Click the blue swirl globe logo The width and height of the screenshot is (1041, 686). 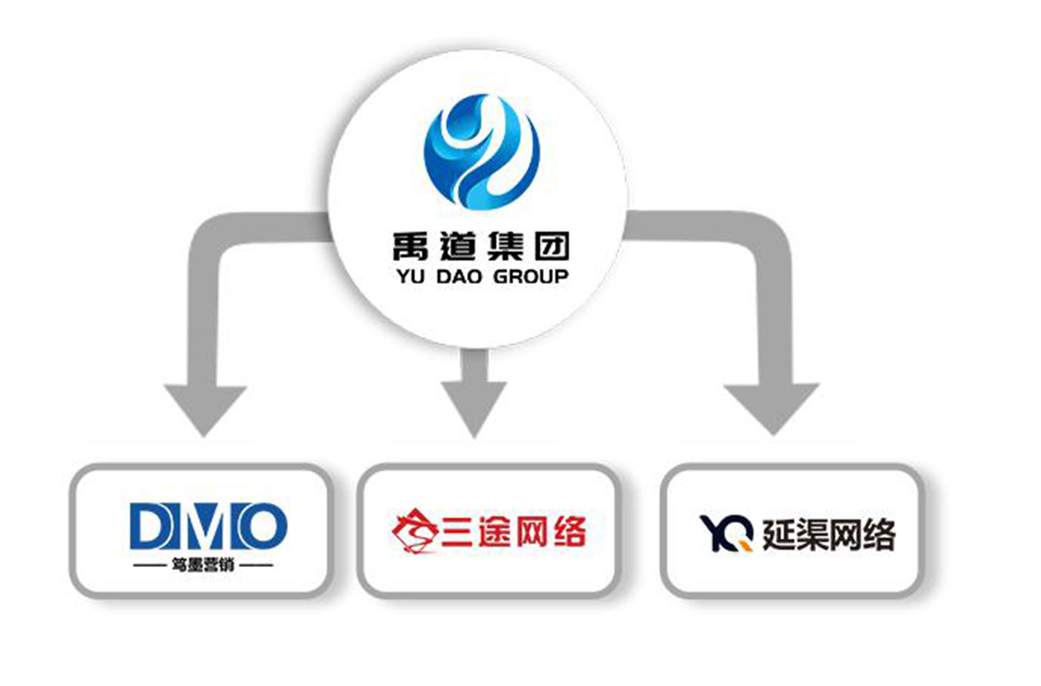(x=482, y=152)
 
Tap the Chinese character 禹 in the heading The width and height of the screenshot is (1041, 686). (x=410, y=246)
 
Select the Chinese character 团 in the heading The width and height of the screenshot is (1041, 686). (x=552, y=246)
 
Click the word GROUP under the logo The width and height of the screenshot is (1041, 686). (x=530, y=276)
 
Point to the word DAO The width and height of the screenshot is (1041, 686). (x=459, y=276)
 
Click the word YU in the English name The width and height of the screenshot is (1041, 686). (x=410, y=276)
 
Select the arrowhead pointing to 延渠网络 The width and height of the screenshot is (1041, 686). (x=772, y=407)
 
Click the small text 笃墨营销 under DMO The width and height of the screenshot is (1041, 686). (x=203, y=565)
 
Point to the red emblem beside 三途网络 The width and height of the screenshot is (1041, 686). (x=414, y=532)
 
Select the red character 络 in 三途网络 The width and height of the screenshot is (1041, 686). (x=569, y=532)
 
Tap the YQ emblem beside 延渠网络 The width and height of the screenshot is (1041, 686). (x=726, y=533)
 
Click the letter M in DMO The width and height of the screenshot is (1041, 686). (x=206, y=526)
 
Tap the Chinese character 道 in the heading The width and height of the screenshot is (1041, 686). (x=457, y=246)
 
